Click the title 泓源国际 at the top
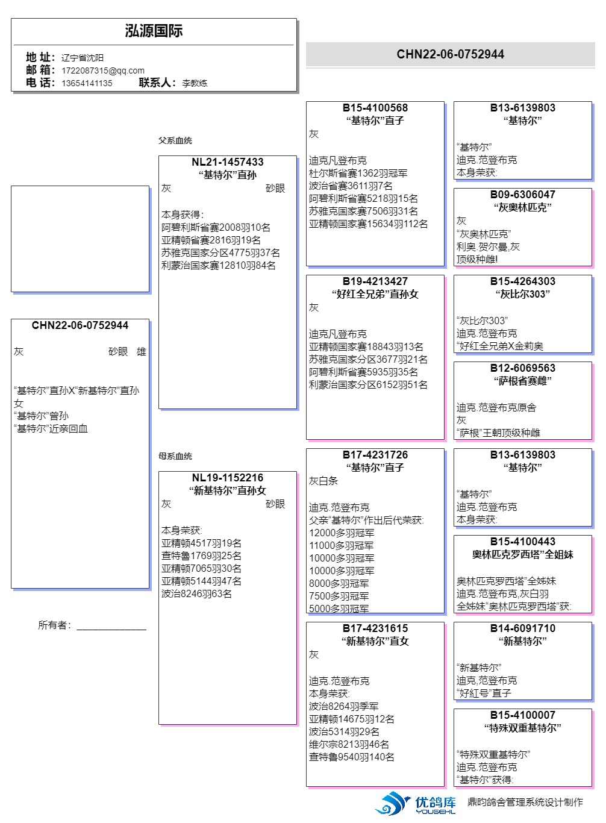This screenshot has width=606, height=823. [154, 31]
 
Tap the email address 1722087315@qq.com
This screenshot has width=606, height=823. [103, 70]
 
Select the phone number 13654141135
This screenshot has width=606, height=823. [87, 83]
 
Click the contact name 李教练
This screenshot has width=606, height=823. [195, 83]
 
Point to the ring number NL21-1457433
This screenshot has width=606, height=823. [228, 162]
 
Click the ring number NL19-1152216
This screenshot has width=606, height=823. [228, 478]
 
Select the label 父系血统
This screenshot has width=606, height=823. [175, 140]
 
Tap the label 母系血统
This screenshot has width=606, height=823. [175, 456]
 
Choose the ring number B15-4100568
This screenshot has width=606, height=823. [375, 108]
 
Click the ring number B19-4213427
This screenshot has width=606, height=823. [375, 281]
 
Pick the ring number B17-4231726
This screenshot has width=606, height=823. [375, 455]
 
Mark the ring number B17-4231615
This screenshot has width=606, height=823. [375, 628]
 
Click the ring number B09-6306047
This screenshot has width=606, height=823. [523, 195]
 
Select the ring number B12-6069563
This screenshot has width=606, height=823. [523, 368]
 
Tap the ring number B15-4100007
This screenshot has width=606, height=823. [523, 715]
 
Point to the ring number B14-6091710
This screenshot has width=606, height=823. [523, 628]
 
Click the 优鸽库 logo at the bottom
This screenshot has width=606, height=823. [416, 804]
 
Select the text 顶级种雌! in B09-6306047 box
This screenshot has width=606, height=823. [477, 260]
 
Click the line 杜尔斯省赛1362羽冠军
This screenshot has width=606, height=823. [358, 174]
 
